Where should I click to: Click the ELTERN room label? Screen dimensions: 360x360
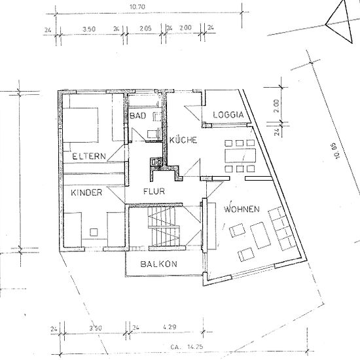tap(89, 156)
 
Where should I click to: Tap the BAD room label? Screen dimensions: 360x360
tap(137, 115)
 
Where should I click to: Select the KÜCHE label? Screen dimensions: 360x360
tap(183, 140)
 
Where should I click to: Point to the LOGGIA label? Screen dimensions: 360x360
tap(228, 115)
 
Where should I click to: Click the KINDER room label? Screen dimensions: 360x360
tap(86, 192)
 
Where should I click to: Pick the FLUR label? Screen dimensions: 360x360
tap(154, 191)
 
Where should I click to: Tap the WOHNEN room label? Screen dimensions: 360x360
tap(242, 209)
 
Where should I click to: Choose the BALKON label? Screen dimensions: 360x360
tap(158, 264)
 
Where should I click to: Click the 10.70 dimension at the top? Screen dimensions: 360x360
tap(137, 7)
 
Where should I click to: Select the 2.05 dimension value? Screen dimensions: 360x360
tap(145, 28)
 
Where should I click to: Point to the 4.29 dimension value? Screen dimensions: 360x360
tap(170, 327)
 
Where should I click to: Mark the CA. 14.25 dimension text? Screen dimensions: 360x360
tap(187, 346)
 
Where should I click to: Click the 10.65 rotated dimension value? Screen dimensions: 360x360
tap(336, 151)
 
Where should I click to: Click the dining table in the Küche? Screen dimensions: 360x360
tap(240, 155)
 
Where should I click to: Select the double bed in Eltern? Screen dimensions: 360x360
tap(81, 125)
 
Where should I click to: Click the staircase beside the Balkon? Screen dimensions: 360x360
tap(164, 226)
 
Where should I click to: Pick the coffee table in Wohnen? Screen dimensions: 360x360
tap(260, 235)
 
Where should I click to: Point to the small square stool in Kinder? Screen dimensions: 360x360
tap(94, 232)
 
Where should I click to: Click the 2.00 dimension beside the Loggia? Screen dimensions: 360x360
tap(276, 105)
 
